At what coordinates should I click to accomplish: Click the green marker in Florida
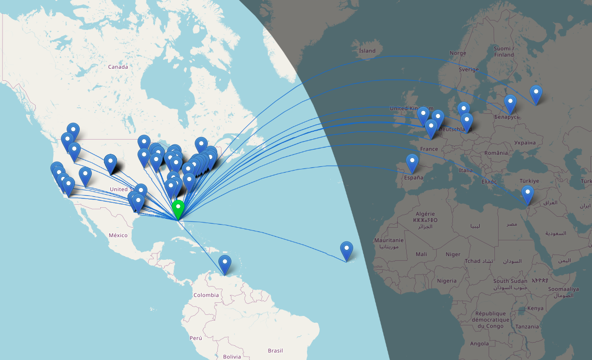178,209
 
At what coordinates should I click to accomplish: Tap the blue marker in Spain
413,163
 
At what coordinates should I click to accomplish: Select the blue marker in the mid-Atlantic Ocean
346,250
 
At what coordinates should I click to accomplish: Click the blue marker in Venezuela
225,263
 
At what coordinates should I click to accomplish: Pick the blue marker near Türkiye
527,194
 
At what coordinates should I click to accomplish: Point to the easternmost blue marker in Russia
536,94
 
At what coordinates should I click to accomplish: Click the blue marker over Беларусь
510,103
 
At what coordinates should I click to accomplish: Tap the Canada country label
118,67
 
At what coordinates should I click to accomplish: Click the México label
118,235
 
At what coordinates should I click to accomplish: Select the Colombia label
206,295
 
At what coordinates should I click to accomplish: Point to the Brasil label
275,351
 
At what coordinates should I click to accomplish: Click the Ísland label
367,51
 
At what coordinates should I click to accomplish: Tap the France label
429,149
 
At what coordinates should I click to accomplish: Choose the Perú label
196,338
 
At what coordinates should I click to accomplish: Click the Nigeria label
447,281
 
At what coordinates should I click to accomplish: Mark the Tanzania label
527,326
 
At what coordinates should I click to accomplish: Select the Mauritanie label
388,240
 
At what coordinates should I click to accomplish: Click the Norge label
458,53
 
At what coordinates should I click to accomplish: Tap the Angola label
479,344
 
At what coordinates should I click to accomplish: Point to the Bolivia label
231,356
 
